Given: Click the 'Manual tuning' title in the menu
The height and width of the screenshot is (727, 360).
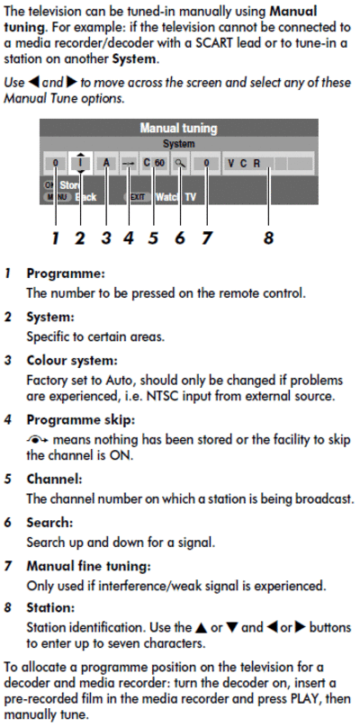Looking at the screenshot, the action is tap(178, 128).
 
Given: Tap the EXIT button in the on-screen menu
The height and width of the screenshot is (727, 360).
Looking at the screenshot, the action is tap(138, 197).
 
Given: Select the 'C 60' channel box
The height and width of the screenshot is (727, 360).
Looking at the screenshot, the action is tap(154, 163).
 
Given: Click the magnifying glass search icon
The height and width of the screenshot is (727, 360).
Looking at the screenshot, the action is tap(180, 164).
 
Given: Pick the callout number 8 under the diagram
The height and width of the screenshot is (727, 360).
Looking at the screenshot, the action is tap(268, 238).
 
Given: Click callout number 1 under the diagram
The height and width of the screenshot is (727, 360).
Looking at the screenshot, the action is tap(56, 238).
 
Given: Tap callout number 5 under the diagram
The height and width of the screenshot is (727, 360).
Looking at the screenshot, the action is tap(154, 238).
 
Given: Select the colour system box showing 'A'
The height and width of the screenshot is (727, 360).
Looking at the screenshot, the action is tap(107, 163).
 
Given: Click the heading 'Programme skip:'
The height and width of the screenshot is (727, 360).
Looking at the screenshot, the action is tap(80, 420).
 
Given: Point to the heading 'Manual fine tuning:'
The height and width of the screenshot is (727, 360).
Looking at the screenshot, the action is tap(88, 566).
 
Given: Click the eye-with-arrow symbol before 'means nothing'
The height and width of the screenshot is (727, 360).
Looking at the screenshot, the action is tap(38, 440).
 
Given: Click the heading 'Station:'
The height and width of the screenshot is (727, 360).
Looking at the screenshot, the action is tap(50, 607).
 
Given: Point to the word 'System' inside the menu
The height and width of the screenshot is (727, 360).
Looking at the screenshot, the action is tap(178, 144).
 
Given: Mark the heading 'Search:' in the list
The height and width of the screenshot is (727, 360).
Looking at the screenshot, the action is tap(49, 522).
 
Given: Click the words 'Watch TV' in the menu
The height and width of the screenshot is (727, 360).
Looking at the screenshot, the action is tap(175, 197).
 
